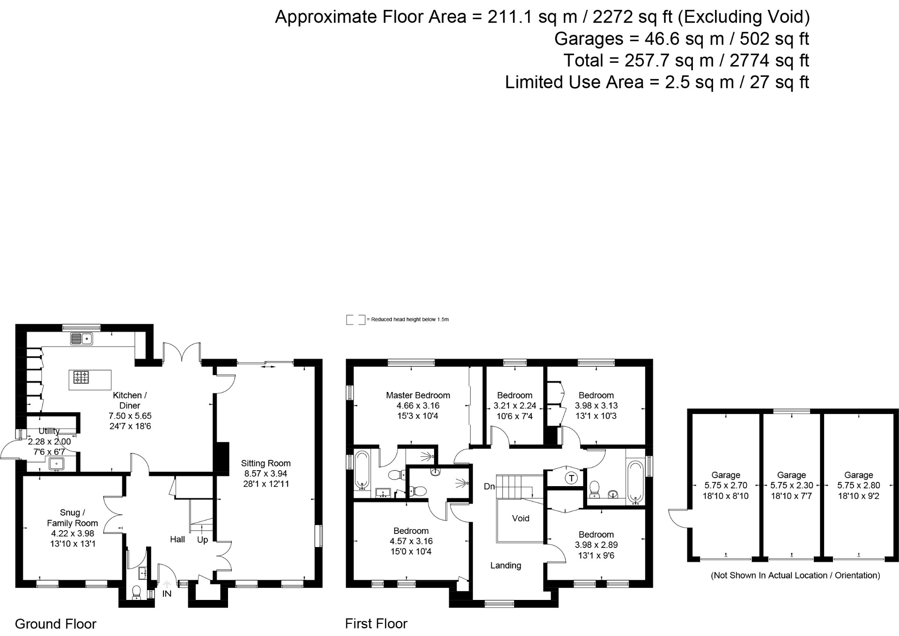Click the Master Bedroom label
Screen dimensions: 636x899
click(418, 395)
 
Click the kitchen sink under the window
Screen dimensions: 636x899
click(81, 338)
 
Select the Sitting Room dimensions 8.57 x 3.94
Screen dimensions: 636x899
click(265, 473)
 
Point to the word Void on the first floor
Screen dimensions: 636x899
click(520, 518)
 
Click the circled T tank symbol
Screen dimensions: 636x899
click(571, 478)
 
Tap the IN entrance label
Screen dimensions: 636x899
click(167, 594)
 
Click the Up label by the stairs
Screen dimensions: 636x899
click(202, 540)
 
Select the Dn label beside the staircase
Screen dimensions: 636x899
click(489, 487)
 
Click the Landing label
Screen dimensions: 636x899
click(505, 566)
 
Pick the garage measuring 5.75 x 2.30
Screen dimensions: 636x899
click(791, 485)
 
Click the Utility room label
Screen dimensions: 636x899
click(49, 431)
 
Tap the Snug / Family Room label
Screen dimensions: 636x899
click(72, 518)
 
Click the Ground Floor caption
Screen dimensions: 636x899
click(55, 624)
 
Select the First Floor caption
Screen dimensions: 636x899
click(376, 624)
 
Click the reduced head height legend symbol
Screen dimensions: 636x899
click(355, 320)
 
